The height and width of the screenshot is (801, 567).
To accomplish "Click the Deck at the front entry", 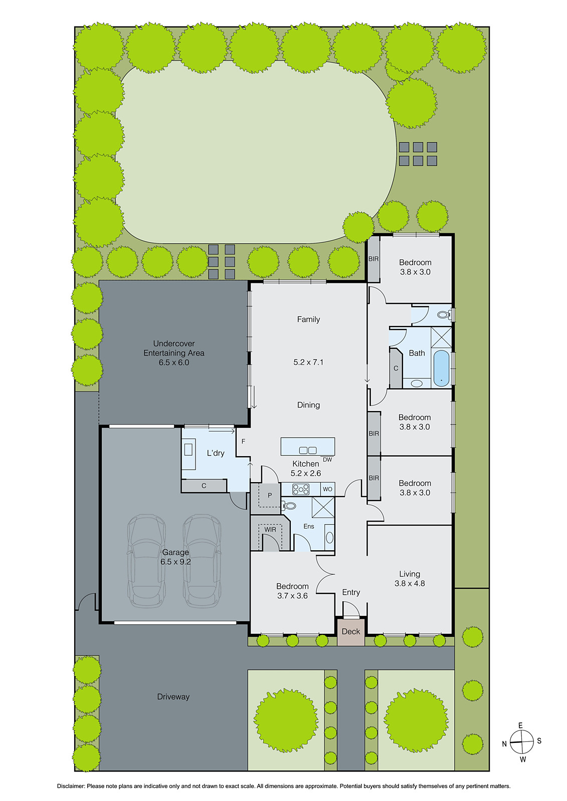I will click(x=350, y=631).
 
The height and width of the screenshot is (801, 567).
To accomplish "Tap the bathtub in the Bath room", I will click(x=441, y=368).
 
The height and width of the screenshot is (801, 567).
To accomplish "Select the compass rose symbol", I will click(x=522, y=741).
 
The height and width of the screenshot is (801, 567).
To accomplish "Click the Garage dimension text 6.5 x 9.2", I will click(x=175, y=562).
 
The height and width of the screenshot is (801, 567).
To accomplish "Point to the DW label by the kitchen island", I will click(x=327, y=460).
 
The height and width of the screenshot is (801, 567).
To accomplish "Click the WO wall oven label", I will click(x=327, y=489).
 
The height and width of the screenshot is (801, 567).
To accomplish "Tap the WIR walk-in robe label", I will click(x=270, y=529).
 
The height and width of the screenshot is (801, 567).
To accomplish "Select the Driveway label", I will click(x=173, y=696).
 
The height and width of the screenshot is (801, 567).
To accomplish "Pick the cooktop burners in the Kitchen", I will click(x=301, y=489).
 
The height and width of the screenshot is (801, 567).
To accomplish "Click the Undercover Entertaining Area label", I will click(x=174, y=348).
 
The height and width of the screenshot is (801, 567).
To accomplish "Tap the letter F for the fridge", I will click(x=244, y=442).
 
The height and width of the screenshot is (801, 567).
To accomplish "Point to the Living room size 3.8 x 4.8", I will click(x=410, y=583).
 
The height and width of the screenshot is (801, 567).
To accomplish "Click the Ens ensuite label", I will click(x=309, y=526).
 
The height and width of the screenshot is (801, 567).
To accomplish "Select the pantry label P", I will click(x=270, y=496).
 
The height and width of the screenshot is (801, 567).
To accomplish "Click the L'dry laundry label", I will click(x=216, y=453).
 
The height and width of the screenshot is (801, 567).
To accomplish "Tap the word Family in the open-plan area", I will click(x=308, y=319).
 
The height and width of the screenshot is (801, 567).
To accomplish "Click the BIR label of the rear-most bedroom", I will click(x=373, y=259).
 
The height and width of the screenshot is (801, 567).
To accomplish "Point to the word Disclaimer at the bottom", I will click(x=71, y=786).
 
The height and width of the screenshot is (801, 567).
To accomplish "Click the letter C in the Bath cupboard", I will click(x=396, y=368).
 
